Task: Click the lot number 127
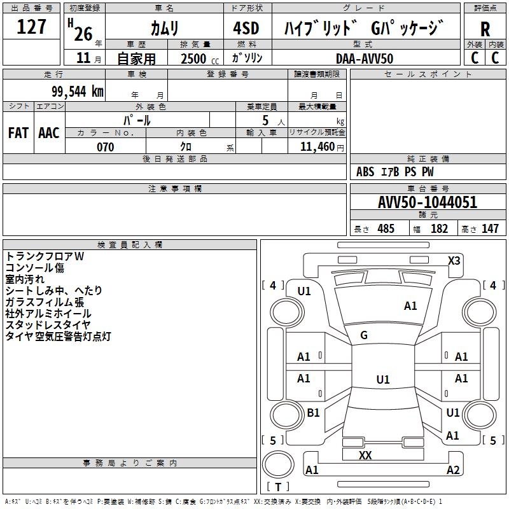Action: pos(32,27)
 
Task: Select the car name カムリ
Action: pos(164,28)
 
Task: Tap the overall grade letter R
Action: pos(485,29)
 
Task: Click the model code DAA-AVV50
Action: pos(365,58)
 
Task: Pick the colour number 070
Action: pos(105,147)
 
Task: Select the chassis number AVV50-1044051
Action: pos(428,202)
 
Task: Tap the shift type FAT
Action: pos(18,133)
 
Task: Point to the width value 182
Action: pos(439,228)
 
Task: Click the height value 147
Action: pos(490,228)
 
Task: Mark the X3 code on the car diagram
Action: pos(454,260)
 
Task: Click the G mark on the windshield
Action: pos(364,335)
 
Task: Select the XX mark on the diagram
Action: pos(365,456)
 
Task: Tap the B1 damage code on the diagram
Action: pos(313,413)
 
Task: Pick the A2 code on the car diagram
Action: pos(453,470)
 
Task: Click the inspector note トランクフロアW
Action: pos(45,256)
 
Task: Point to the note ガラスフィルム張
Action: pos(45,302)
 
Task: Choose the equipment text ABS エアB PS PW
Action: pos(395,172)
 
